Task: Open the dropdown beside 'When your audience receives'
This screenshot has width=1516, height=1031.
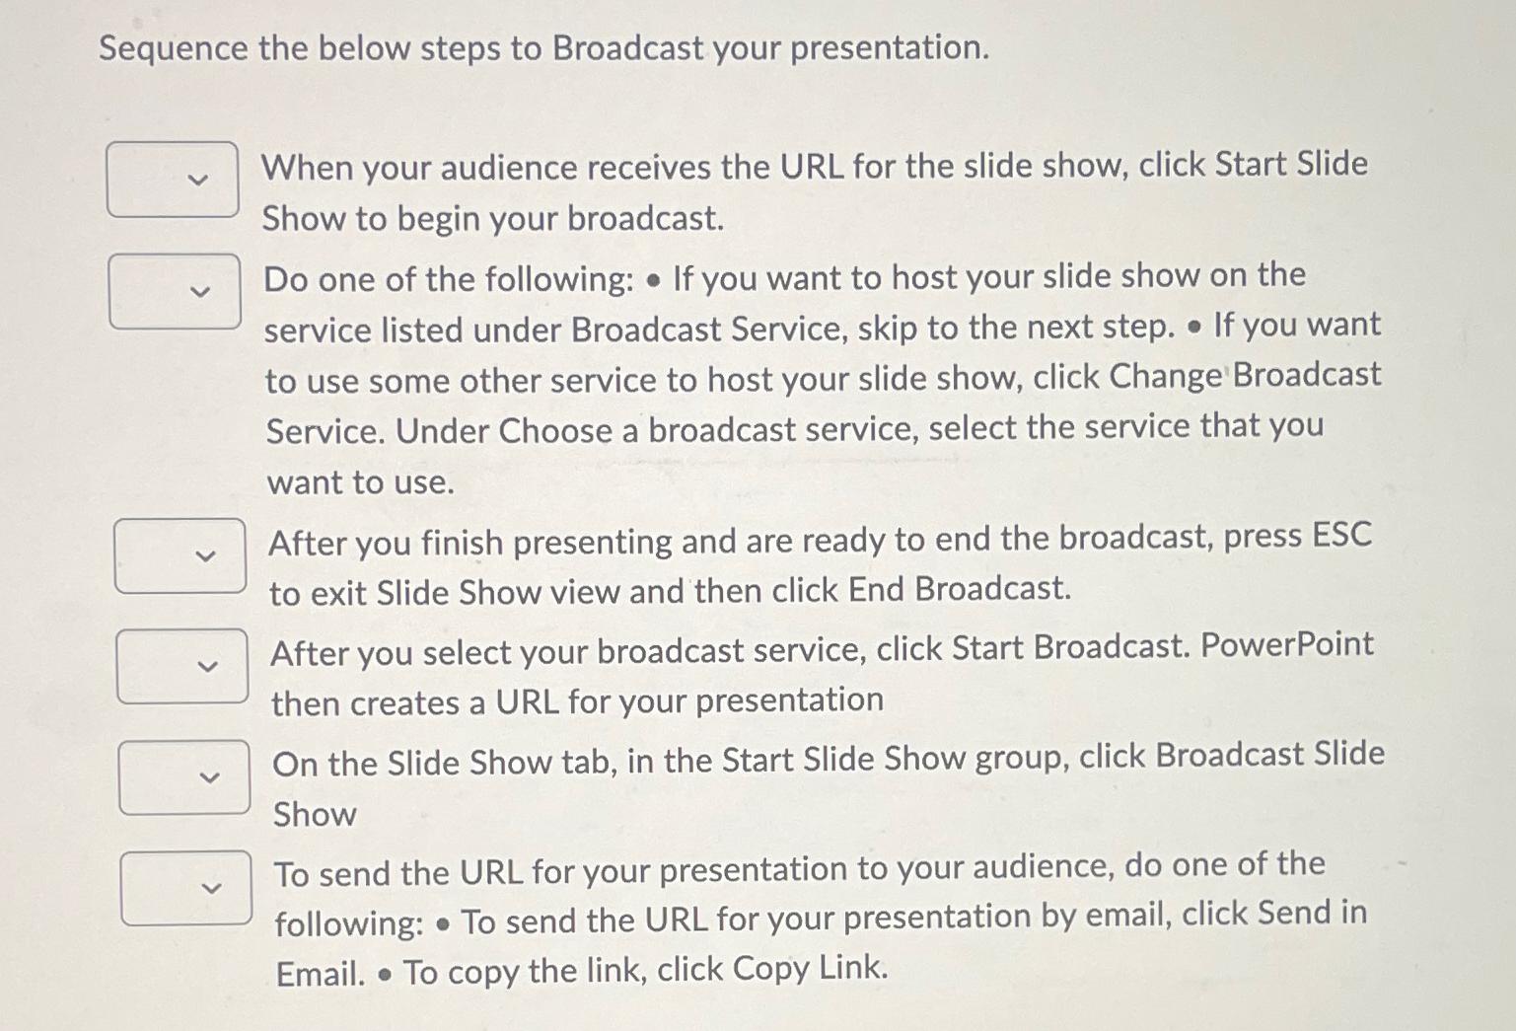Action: (x=173, y=180)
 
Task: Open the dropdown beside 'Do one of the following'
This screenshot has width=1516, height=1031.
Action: (x=175, y=291)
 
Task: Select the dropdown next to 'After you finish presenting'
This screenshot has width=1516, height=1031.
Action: (x=180, y=555)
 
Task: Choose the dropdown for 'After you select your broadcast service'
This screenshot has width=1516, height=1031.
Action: (x=182, y=666)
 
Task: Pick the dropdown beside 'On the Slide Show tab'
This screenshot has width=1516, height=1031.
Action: (x=184, y=777)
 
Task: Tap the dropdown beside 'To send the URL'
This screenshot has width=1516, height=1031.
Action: (x=186, y=888)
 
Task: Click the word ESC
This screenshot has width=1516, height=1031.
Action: (x=1341, y=536)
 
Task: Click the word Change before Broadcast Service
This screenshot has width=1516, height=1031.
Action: (x=1166, y=377)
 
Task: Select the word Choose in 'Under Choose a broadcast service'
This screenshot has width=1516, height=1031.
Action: (x=554, y=431)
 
